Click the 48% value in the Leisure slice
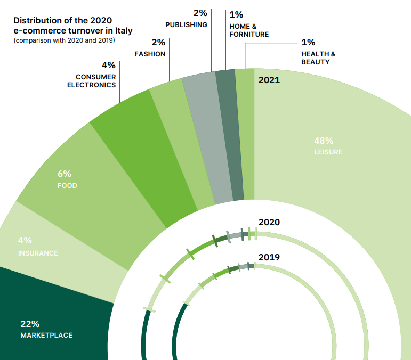pos(324,141)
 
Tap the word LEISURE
pos(328,152)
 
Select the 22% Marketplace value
pos(30,324)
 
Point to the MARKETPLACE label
pos(46,336)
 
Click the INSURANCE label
pos(38,253)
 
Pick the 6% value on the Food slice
pos(64,174)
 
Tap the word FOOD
pos(67,186)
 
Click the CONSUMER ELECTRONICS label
pos(91,81)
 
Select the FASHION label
pos(150,54)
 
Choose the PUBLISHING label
pos(186,25)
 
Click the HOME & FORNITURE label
pos(249,30)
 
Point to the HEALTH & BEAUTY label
pos(318,58)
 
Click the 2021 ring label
pos(269,81)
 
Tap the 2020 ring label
pos(269,222)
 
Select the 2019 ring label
pos(269,257)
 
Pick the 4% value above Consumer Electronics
pos(108,66)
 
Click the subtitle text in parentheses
pos(64,40)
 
